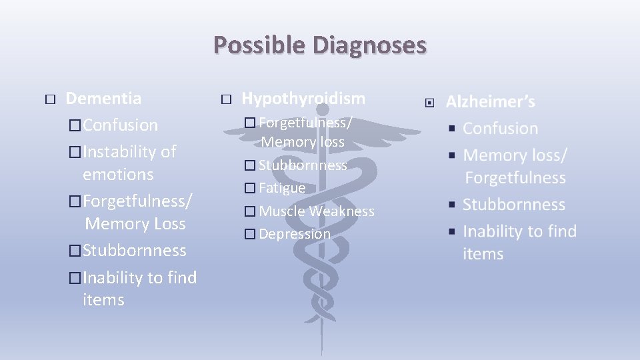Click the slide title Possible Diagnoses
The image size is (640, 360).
(319, 45)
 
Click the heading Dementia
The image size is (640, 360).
(103, 99)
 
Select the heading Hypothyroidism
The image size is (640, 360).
(303, 99)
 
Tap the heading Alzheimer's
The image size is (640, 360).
(490, 102)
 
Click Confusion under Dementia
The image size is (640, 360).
(121, 125)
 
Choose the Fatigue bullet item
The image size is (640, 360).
(281, 188)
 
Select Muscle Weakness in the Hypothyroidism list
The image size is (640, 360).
(316, 211)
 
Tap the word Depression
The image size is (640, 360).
(294, 234)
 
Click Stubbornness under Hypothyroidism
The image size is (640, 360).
(303, 165)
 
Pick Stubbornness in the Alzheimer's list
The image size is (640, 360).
(513, 205)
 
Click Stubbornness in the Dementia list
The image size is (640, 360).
(135, 251)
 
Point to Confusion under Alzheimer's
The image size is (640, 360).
(500, 129)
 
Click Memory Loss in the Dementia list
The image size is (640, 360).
(135, 224)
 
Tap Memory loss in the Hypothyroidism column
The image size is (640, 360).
(303, 142)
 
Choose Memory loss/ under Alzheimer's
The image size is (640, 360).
(515, 155)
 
